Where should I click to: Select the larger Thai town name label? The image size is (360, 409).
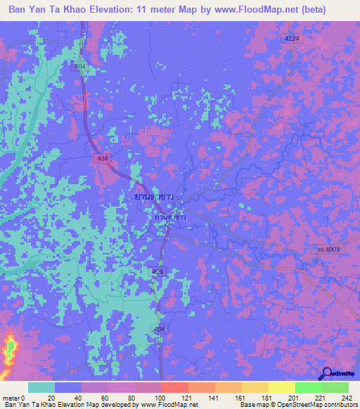tap(154, 198)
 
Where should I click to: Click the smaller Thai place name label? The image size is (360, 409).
tap(170, 219)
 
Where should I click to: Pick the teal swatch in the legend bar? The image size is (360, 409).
tap(41, 387)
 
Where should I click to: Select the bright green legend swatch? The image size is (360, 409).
tap(308, 387)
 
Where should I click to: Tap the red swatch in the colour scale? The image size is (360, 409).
tap(174, 387)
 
